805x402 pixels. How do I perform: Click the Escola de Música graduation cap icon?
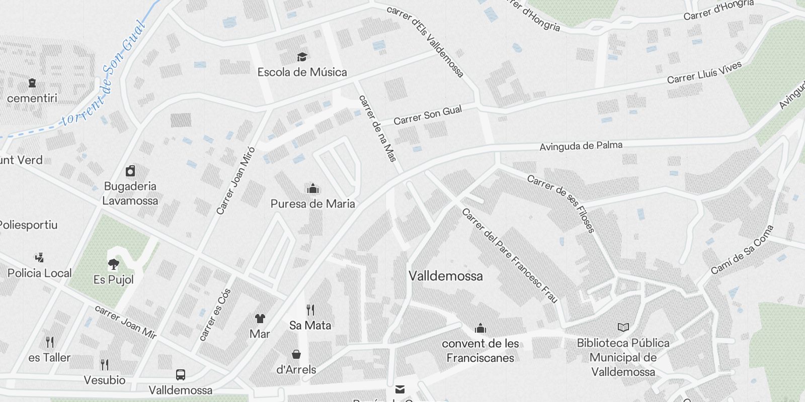coord(302,57)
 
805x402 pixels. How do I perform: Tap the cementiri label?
coord(32,98)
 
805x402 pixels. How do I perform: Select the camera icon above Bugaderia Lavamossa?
coord(130,171)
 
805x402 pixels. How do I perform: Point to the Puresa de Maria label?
coord(312,204)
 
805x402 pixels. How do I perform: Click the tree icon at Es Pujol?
coord(114,264)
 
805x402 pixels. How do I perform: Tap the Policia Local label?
coord(40,273)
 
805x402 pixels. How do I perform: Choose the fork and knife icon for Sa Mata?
coord(310,310)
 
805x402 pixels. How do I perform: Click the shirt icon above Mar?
coord(260,319)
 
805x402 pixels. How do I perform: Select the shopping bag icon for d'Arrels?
coord(296,354)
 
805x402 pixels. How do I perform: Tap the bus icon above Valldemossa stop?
coord(180,375)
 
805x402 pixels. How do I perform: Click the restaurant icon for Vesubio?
coord(104,364)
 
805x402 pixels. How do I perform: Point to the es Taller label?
coord(49,358)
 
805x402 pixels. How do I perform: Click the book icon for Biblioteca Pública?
coord(623,328)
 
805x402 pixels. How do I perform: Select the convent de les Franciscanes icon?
coord(480,329)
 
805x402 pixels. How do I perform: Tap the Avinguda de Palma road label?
coord(581,146)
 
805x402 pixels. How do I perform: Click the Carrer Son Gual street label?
coord(428,116)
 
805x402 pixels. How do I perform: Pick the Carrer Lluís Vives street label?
coord(704,73)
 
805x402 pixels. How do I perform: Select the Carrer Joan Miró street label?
coord(235,181)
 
